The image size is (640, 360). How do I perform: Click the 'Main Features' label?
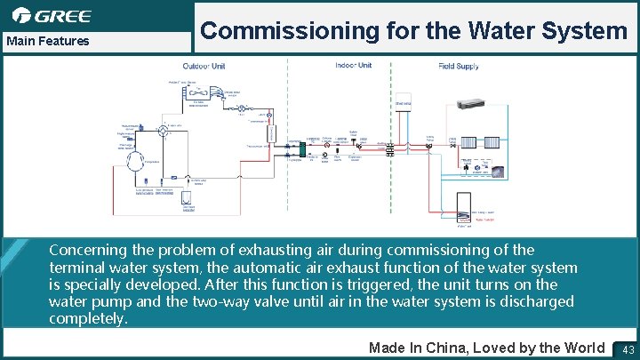[x=48, y=41]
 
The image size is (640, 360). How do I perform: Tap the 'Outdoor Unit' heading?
[x=204, y=66]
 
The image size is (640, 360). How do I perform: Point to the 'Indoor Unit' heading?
[x=353, y=65]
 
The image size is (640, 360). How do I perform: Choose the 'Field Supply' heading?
[x=459, y=66]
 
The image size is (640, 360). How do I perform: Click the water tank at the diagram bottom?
[x=464, y=207]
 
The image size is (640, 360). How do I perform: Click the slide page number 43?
[x=628, y=348]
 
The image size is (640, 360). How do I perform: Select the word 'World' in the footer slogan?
[x=581, y=348]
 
